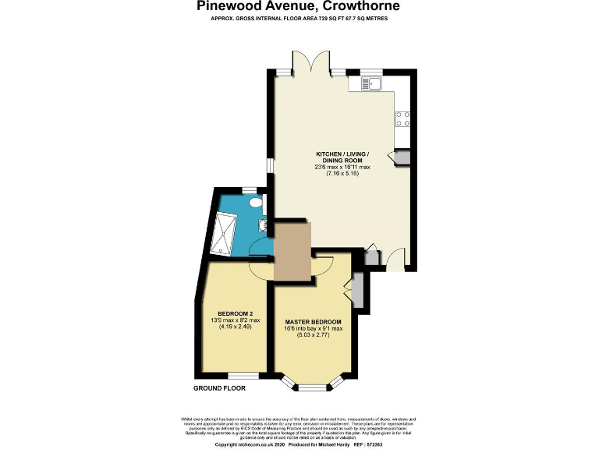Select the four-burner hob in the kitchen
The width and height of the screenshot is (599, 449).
click(x=404, y=118)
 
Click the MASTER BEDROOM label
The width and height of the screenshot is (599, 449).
click(x=313, y=321)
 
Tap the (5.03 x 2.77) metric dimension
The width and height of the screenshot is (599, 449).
click(x=313, y=338)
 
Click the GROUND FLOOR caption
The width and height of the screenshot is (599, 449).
click(x=219, y=387)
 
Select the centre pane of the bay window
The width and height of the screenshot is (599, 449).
click(x=313, y=387)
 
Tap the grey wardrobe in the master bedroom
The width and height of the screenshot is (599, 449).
click(x=358, y=289)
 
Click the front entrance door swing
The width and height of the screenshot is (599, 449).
click(x=395, y=259)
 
